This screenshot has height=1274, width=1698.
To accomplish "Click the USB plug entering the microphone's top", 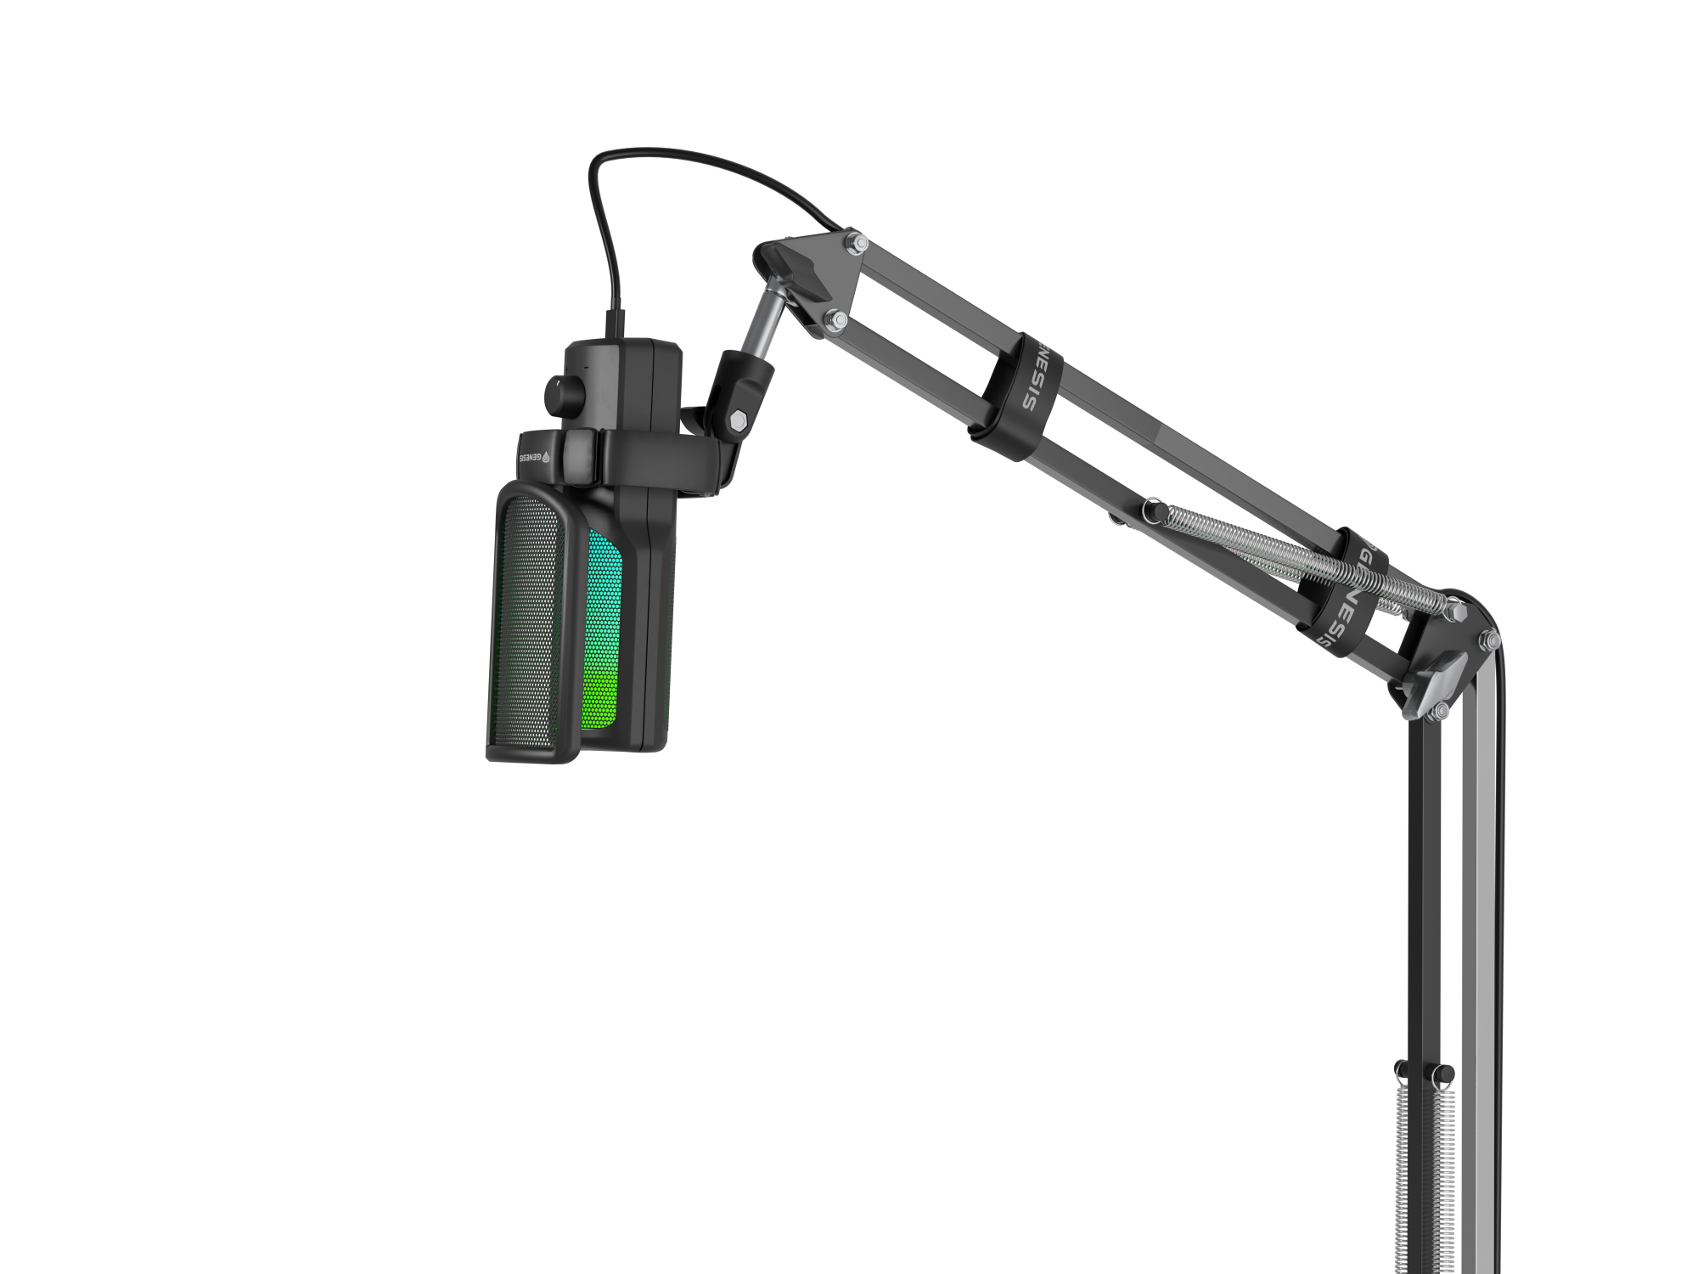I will point(615,324).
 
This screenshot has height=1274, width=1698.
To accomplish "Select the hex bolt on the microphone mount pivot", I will point(737,420).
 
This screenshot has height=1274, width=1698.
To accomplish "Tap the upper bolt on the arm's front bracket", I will point(857,245).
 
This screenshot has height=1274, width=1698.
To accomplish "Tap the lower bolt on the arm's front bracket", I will point(836,320).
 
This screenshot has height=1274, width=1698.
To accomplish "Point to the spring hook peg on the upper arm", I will point(1153,510).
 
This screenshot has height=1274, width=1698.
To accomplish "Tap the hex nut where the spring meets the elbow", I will point(1453,610).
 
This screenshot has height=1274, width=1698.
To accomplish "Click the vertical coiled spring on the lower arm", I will point(1426,1181).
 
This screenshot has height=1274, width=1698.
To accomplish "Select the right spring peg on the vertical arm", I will point(1444,1074).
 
